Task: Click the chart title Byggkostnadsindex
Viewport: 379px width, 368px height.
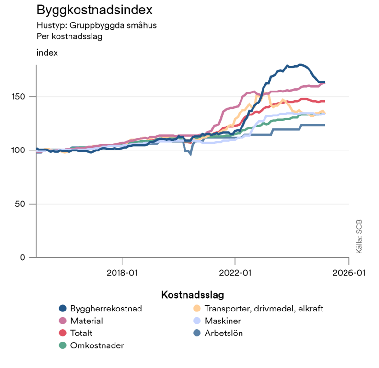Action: point(95,10)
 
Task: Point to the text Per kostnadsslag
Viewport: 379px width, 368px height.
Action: point(69,36)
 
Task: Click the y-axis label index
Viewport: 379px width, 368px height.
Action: point(47,53)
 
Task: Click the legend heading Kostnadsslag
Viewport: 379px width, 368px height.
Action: point(193,294)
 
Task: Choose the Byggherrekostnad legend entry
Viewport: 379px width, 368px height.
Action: point(106,309)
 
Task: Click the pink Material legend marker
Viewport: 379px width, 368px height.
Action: point(62,321)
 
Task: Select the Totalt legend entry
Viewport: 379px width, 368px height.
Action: point(81,333)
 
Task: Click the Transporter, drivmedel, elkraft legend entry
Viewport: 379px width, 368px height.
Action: point(264,309)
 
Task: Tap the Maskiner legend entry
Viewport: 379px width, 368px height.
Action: point(222,321)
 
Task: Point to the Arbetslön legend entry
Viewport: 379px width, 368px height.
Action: point(223,333)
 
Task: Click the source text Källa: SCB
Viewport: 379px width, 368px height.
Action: point(359,237)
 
